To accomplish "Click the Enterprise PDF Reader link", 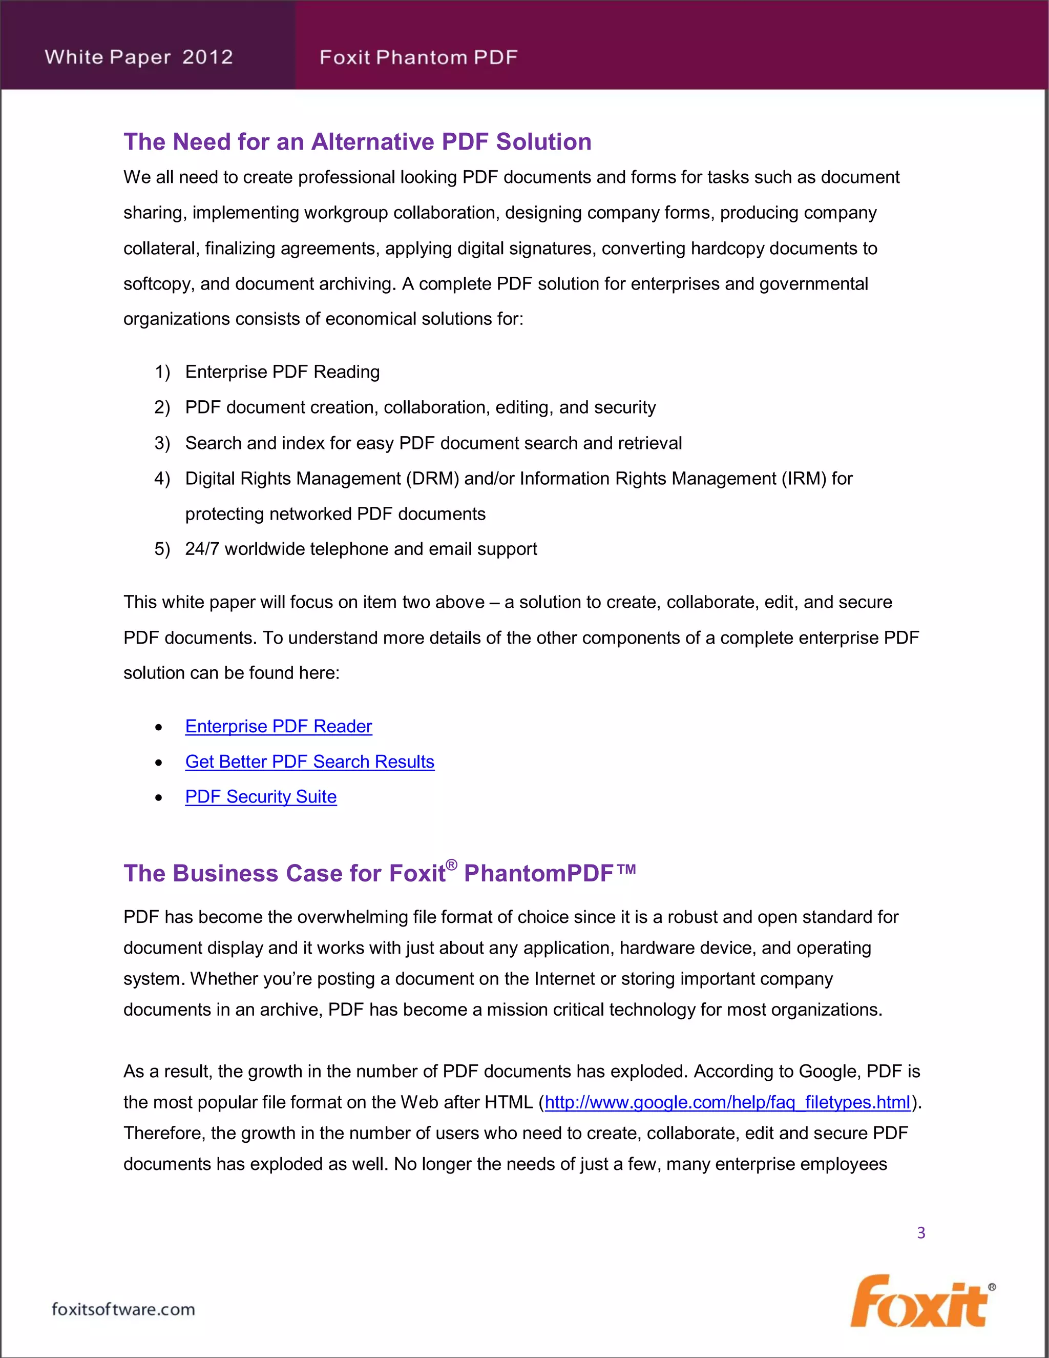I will pyautogui.click(x=279, y=726).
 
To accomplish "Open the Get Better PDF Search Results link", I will pyautogui.click(x=309, y=762).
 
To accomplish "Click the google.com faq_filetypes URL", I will pyautogui.click(x=727, y=1102).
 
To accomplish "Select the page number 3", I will pyautogui.click(x=921, y=1233).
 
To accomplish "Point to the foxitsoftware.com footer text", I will pyautogui.click(x=123, y=1309).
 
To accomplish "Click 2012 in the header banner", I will pyautogui.click(x=207, y=57).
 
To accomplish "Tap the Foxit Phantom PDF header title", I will pyautogui.click(x=418, y=57).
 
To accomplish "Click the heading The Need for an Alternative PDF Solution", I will pyautogui.click(x=358, y=142).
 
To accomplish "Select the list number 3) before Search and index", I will pyautogui.click(x=161, y=443).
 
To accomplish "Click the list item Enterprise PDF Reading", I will pyautogui.click(x=282, y=372).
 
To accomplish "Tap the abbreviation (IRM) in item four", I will pyautogui.click(x=804, y=479).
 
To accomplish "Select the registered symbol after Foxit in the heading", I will pyautogui.click(x=452, y=865).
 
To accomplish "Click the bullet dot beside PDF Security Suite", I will pyautogui.click(x=159, y=798).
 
